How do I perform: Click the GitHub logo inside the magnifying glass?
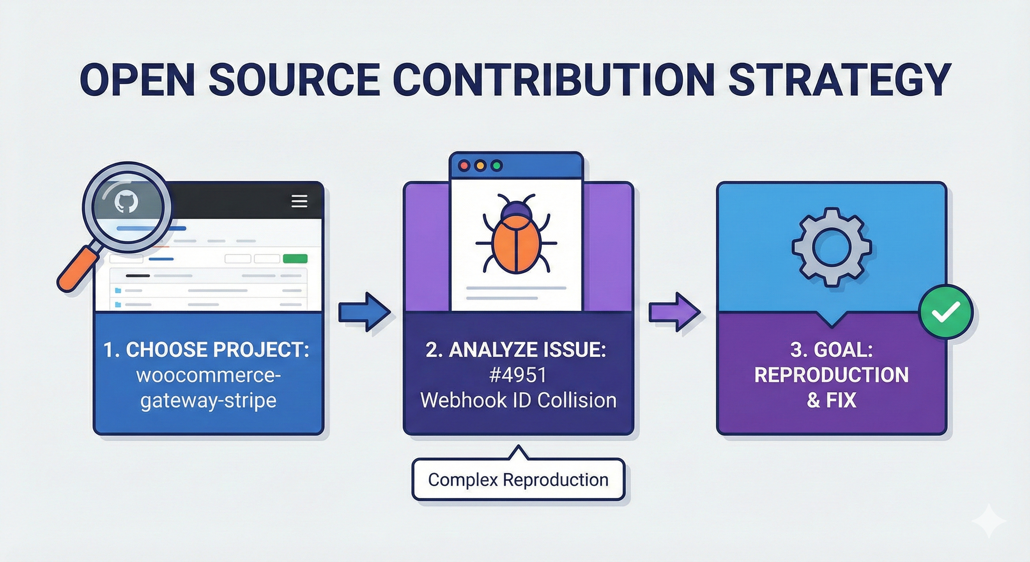pos(126,201)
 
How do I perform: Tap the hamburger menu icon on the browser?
pos(300,201)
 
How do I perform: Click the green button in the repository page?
pos(295,258)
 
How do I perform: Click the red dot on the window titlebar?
pos(464,166)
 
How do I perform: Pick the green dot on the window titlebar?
pos(497,166)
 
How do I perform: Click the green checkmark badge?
pos(946,312)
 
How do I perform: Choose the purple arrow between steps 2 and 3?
pos(674,312)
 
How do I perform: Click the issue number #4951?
pos(518,375)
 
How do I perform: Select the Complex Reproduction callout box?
pos(518,480)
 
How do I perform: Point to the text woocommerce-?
pos(208,375)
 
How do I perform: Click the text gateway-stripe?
pos(208,400)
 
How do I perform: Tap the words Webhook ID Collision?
pos(518,400)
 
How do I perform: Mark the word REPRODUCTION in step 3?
pos(831,375)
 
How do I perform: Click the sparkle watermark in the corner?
pos(990,520)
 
